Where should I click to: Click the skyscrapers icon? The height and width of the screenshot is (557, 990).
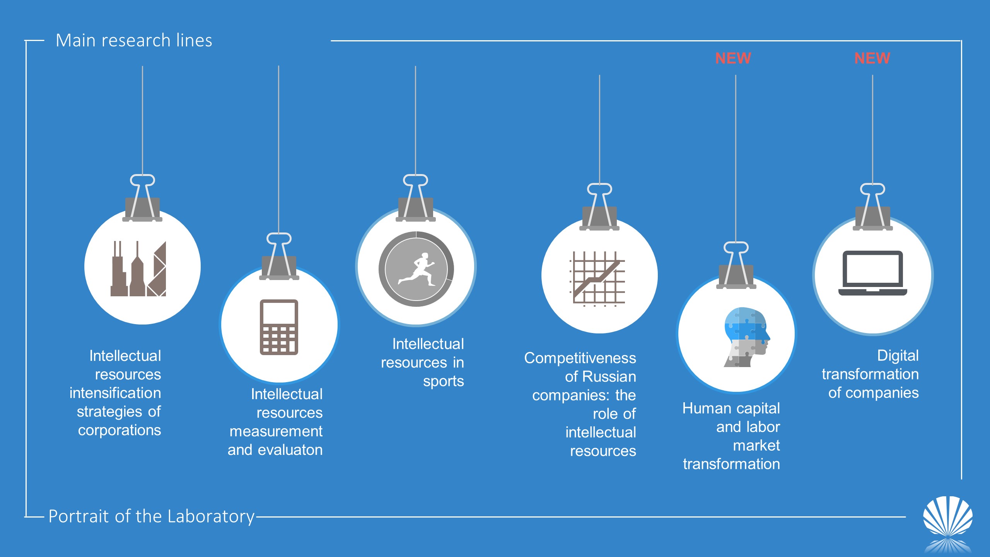tap(138, 269)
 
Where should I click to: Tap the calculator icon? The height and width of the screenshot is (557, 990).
tap(279, 327)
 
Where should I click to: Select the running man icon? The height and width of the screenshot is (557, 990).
tap(416, 269)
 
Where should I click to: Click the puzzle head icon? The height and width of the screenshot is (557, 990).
tap(747, 337)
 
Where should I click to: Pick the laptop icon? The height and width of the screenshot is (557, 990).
tap(873, 273)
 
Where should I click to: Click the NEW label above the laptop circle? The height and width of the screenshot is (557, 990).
tap(872, 58)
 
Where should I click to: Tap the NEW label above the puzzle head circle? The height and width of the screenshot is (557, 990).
tap(733, 58)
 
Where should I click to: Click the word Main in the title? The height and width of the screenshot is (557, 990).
tap(76, 40)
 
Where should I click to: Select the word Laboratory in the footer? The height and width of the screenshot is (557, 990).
tap(211, 517)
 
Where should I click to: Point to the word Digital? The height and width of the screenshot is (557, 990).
tap(898, 355)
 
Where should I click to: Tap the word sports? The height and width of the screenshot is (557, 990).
tap(443, 381)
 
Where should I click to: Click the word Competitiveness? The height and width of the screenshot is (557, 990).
tap(580, 358)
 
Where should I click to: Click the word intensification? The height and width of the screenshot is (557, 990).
tap(115, 393)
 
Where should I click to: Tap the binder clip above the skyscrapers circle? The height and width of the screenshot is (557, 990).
tap(142, 198)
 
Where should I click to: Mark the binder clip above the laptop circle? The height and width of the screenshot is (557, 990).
tap(873, 207)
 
